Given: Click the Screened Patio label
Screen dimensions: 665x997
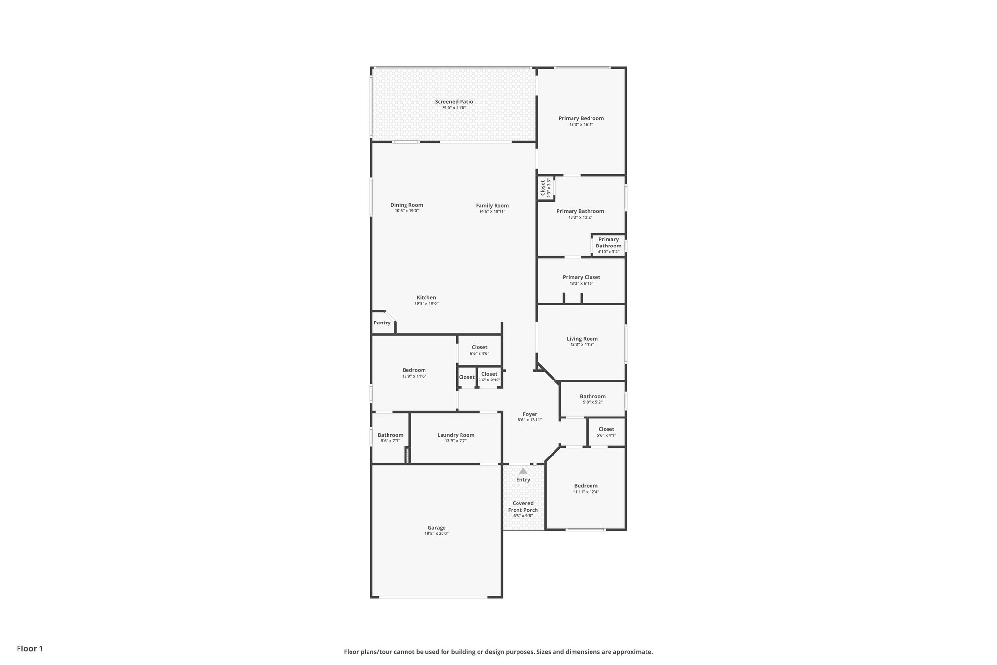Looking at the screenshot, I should [454, 102].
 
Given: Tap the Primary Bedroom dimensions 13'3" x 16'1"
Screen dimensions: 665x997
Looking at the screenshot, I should [581, 125].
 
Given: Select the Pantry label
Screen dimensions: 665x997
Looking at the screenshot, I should [382, 323].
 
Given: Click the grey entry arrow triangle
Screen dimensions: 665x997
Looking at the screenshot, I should [523, 471].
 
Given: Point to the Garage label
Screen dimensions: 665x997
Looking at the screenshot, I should [437, 528].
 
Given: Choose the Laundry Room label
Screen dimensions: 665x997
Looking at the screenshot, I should [456, 435].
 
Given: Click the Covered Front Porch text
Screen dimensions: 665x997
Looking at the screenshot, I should [523, 507].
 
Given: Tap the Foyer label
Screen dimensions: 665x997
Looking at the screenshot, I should [530, 414].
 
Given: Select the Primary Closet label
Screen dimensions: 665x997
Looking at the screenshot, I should [581, 277].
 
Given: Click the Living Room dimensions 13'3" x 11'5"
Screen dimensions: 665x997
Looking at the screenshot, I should [582, 345].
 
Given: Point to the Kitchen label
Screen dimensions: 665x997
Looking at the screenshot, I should [426, 298].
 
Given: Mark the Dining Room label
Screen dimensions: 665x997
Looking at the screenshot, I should [406, 205].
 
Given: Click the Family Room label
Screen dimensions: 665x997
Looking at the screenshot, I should [492, 206].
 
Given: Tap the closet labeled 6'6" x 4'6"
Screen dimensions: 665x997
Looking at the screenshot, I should [479, 350].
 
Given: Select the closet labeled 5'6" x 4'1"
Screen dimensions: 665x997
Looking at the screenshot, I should [606, 432].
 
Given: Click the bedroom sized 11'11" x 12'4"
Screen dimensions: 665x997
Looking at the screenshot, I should [586, 489].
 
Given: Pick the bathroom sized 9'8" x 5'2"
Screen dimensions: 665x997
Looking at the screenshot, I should [592, 399].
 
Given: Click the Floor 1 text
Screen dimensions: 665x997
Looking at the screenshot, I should [30, 649].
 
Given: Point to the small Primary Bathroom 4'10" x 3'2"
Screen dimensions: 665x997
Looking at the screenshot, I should [609, 246].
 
